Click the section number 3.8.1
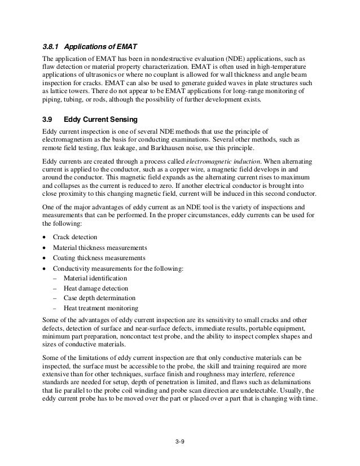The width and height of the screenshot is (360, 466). (x=52, y=46)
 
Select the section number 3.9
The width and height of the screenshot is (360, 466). (x=48, y=119)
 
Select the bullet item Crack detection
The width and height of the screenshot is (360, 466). (x=75, y=238)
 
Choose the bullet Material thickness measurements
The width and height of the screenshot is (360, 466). (x=100, y=248)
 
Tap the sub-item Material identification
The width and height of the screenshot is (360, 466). (x=95, y=278)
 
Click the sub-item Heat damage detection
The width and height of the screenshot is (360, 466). (x=96, y=288)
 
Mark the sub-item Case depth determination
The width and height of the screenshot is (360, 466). (x=99, y=298)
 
